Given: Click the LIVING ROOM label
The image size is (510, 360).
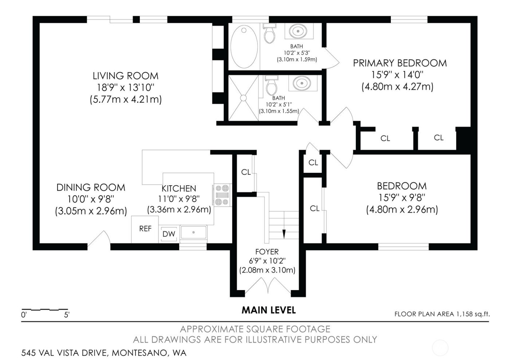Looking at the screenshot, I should click(125, 76).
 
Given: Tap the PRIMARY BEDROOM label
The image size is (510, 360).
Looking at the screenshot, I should click(400, 63).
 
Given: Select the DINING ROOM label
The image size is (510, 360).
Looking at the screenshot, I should click(91, 187).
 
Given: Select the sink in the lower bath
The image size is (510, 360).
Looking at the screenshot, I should click(301, 83).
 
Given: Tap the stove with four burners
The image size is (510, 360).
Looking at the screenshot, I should click(222, 195).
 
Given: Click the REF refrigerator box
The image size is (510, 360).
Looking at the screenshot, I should click(145, 229).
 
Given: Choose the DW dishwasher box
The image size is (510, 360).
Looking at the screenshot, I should click(169, 234).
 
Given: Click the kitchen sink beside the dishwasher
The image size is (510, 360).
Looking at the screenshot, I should click(193, 233).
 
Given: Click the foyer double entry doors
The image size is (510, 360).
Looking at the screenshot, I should click(268, 286).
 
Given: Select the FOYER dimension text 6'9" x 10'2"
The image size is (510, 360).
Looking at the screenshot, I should click(267, 261).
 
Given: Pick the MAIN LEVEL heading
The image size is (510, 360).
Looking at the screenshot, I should click(268, 310).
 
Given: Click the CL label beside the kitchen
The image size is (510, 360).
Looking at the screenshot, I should click(246, 172).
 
